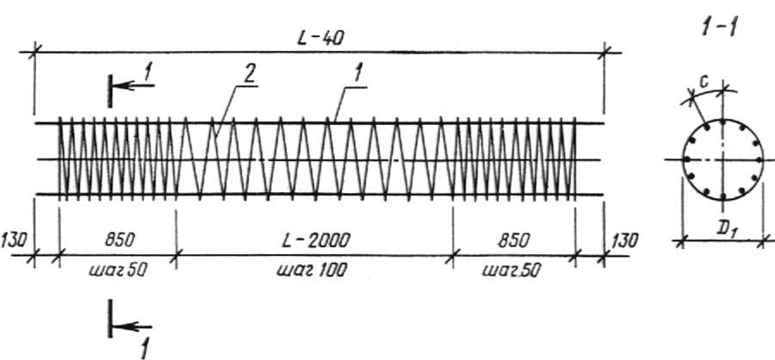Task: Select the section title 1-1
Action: click(x=719, y=28)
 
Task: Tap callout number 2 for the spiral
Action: click(x=250, y=75)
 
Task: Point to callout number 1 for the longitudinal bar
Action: click(x=358, y=75)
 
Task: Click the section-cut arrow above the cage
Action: click(x=133, y=85)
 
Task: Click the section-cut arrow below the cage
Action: click(x=132, y=326)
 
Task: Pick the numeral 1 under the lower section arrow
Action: click(x=145, y=349)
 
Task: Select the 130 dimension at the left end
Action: click(x=14, y=241)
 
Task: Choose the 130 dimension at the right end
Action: click(x=625, y=241)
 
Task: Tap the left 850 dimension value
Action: click(x=119, y=240)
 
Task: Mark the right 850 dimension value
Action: click(x=514, y=240)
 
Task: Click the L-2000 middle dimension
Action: click(x=315, y=240)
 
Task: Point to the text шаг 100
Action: click(x=312, y=270)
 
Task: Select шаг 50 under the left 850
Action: click(x=118, y=270)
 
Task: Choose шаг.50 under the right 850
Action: click(x=512, y=270)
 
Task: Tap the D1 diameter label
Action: click(x=724, y=231)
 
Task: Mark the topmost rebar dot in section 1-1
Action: click(x=722, y=121)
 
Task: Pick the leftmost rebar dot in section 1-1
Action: click(x=686, y=159)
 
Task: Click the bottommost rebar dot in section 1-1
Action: click(x=722, y=197)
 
